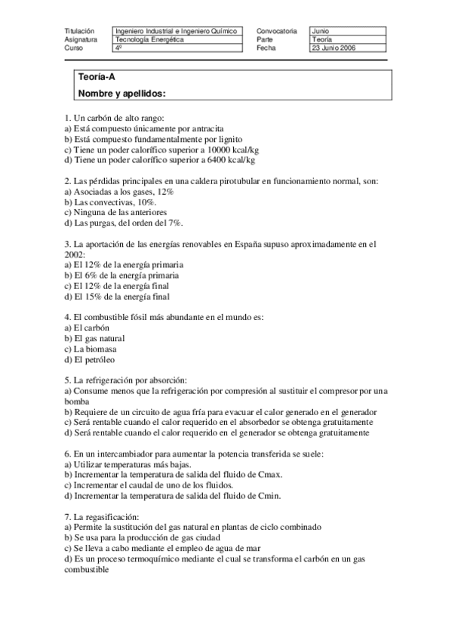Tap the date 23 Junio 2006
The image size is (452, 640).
334,48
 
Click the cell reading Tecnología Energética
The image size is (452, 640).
149,39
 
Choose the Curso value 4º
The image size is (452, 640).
118,48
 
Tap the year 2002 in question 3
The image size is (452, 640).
75,256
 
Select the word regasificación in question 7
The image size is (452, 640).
107,516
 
